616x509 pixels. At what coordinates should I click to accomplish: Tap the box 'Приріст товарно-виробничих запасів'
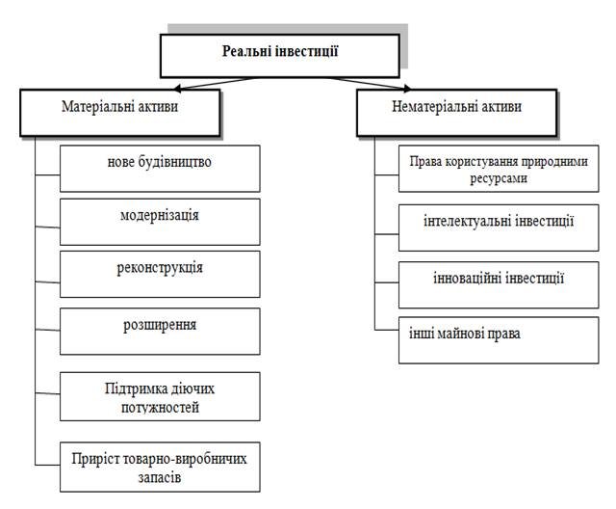pyautogui.click(x=160, y=467)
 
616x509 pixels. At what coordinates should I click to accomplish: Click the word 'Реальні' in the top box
pyautogui.click(x=247, y=50)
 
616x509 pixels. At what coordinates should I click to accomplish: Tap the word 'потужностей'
pyautogui.click(x=160, y=408)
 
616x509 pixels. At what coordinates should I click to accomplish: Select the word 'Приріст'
pyautogui.click(x=99, y=458)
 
